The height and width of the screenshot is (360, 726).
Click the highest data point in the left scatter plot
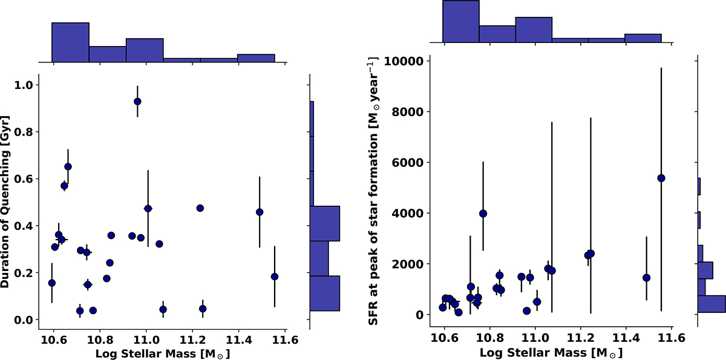click(x=137, y=101)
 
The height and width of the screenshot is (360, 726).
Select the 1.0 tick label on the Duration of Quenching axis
click(x=24, y=85)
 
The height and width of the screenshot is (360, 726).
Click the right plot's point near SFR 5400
click(x=661, y=178)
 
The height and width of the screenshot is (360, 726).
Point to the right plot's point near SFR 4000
click(x=483, y=213)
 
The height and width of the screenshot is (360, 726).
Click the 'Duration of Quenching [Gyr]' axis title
click(x=8, y=197)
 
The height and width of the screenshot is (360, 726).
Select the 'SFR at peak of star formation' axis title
click(x=374, y=189)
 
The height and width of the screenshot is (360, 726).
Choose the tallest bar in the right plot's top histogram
click(x=461, y=21)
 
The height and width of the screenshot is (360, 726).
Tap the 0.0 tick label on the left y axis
click(x=24, y=319)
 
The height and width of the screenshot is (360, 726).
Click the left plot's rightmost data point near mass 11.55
click(x=275, y=277)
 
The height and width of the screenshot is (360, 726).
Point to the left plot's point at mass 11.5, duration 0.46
click(x=260, y=212)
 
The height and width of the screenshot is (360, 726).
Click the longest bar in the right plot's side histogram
click(x=711, y=304)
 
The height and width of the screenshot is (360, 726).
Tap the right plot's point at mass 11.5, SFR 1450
click(x=646, y=278)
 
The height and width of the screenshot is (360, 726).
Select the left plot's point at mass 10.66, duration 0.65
click(x=68, y=166)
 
